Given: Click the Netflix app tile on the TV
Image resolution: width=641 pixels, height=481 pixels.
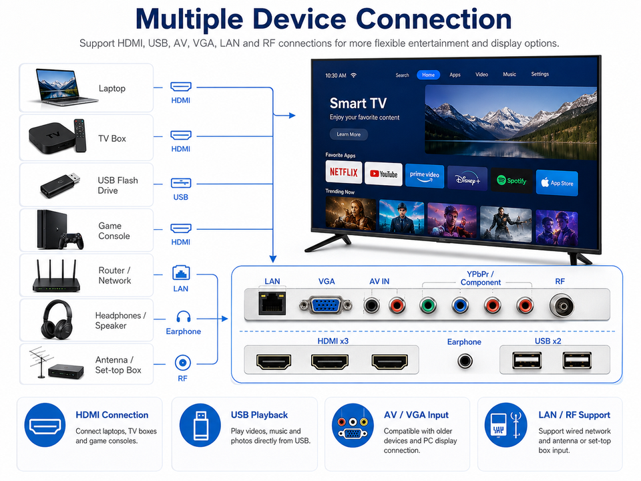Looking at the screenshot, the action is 344,172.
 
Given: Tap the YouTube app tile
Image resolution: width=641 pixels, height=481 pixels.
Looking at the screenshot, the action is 383,174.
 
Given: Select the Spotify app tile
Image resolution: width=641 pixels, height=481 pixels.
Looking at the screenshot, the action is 511,180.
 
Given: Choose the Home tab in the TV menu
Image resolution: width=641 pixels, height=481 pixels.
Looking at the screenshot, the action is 429,75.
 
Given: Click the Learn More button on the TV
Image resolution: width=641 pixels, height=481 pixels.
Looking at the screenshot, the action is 349,134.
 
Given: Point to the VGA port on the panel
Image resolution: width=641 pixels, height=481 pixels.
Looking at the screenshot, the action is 325,305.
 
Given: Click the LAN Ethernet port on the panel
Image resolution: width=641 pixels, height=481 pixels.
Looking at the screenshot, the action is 272,304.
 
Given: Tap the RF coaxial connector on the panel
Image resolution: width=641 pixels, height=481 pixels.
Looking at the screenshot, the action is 562,305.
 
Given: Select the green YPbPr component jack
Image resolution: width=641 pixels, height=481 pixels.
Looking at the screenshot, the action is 427,305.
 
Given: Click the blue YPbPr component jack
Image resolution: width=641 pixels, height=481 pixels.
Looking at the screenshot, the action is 460,305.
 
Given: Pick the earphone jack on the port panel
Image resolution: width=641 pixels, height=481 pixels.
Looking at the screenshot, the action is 465,361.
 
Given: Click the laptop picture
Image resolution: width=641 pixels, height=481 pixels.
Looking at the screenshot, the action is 65,87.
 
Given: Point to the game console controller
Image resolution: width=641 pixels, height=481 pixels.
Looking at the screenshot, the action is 71,240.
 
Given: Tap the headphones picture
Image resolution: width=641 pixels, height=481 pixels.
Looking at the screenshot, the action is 57,320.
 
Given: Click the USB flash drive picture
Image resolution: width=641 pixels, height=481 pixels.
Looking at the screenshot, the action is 60,185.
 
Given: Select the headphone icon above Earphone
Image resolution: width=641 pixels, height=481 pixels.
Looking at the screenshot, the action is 183,317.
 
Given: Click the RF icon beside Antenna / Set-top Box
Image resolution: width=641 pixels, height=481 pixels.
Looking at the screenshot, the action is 183,362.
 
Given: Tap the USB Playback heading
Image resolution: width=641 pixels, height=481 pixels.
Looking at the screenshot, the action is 259,415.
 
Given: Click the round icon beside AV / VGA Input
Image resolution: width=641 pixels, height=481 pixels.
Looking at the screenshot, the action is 353,426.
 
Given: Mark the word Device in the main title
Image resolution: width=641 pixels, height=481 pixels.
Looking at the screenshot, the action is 299,19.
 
